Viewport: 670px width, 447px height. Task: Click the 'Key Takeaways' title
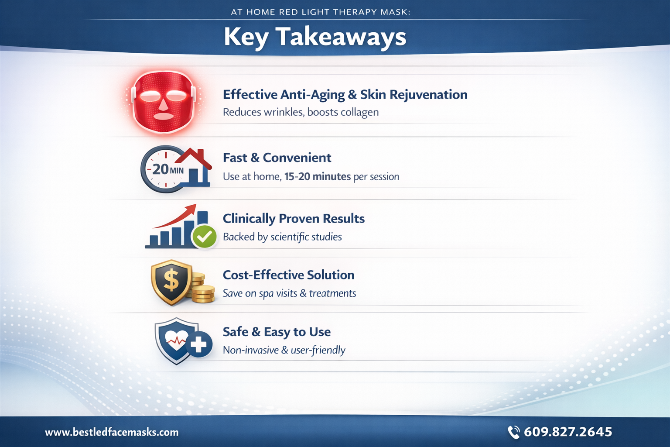point(315,38)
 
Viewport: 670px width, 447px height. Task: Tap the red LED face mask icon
point(164,103)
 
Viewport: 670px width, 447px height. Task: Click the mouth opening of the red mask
point(163,116)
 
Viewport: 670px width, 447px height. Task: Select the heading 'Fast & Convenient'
point(277,158)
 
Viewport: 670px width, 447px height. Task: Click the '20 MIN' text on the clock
point(168,169)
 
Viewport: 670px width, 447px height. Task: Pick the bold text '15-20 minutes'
point(318,177)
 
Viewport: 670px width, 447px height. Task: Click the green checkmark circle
point(205,237)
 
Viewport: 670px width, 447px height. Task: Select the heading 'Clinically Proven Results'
point(294,219)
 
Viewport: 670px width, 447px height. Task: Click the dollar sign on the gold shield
point(171,281)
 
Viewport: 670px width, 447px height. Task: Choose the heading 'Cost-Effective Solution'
point(289,275)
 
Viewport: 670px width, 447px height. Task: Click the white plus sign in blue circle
point(198,344)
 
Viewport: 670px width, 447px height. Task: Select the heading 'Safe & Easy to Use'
point(277,332)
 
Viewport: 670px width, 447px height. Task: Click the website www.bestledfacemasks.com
point(112,432)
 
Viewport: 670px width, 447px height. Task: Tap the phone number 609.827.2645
point(568,432)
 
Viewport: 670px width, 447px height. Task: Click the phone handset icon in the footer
point(513,433)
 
